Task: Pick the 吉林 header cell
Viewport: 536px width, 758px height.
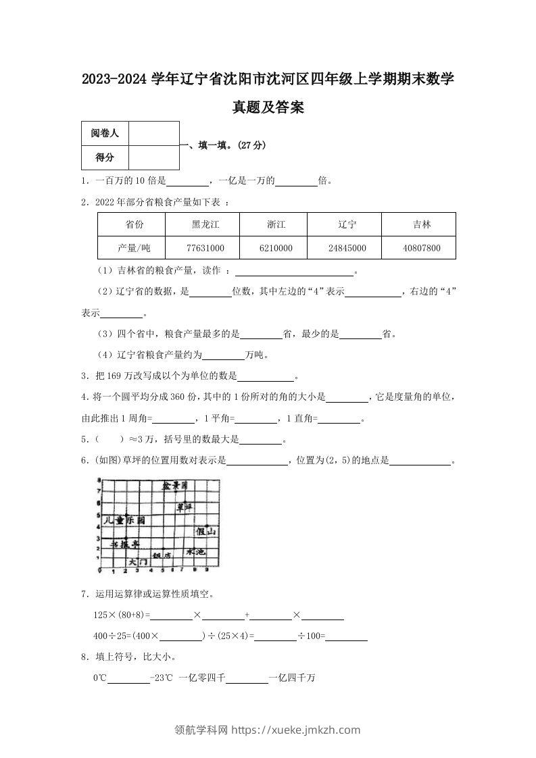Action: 421,224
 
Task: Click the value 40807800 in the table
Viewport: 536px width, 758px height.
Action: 421,248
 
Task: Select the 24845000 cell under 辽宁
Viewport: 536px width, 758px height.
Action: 347,248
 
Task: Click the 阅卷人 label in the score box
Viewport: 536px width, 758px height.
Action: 105,134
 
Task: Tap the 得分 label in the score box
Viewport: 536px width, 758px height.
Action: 105,157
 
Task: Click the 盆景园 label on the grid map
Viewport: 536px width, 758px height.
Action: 174,486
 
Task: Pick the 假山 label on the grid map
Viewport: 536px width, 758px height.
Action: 206,532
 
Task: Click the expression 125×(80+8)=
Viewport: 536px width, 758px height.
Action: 122,615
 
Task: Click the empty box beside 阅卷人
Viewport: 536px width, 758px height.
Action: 153,134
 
